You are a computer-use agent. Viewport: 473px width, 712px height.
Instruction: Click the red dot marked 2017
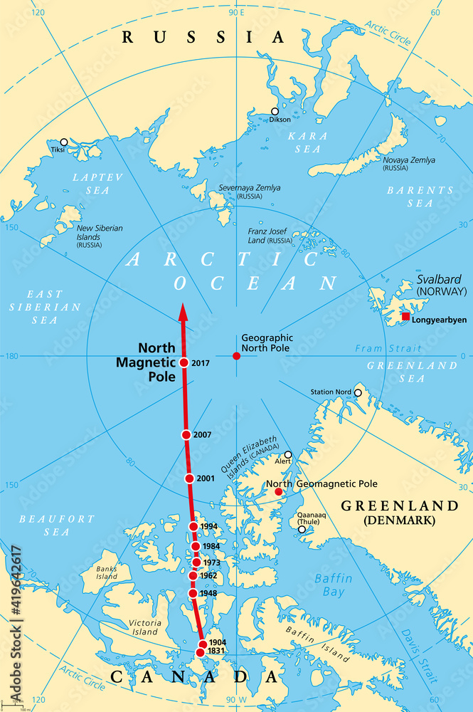pos(184,362)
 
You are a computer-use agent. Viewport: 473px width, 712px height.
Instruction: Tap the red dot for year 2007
pos(186,434)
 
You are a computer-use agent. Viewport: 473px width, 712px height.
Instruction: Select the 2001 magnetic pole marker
pos(189,478)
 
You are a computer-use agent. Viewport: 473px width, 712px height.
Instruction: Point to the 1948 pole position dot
pos(193,593)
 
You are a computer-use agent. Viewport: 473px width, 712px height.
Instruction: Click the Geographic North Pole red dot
pos(236,355)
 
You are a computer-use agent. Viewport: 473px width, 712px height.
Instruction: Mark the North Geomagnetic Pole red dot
pos(278,491)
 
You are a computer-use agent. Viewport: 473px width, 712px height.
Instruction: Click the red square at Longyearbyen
pos(405,316)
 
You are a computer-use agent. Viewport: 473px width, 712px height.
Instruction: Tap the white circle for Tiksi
pos(64,142)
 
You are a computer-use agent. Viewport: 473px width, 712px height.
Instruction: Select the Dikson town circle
pos(275,111)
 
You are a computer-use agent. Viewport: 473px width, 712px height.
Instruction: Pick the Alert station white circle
pos(288,454)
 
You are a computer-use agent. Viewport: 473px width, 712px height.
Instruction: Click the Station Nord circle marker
pos(358,392)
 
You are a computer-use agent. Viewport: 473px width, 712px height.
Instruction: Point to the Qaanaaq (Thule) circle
pos(302,529)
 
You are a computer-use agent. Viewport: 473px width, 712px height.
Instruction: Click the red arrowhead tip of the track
pos(182,305)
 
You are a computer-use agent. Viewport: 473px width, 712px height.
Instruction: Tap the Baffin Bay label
pos(333,585)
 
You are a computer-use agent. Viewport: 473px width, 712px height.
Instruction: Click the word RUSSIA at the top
pos(203,37)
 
